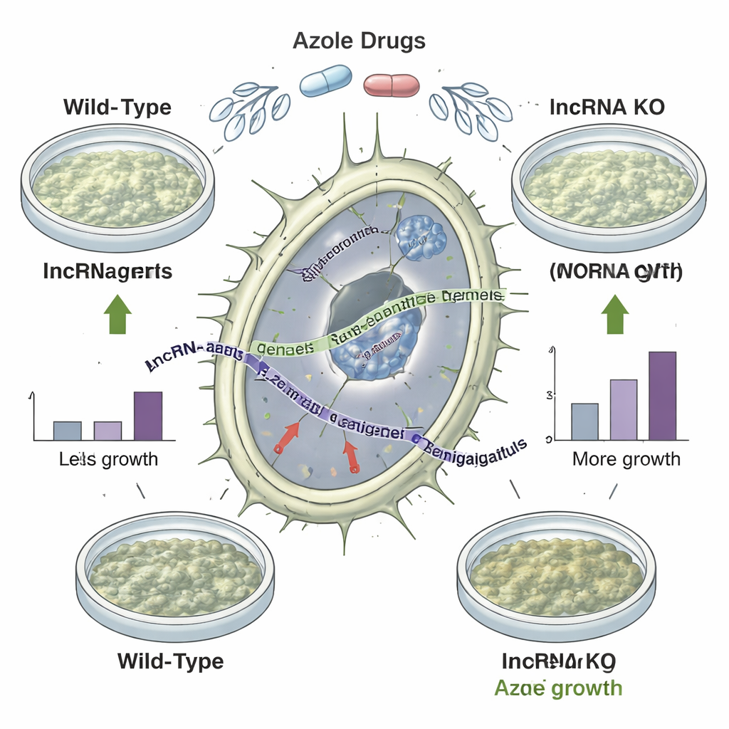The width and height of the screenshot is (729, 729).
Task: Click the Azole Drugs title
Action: click(359, 41)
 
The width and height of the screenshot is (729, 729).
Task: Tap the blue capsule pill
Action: click(326, 82)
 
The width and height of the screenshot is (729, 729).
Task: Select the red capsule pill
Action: click(392, 85)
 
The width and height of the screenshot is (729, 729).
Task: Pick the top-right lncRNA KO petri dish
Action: click(609, 184)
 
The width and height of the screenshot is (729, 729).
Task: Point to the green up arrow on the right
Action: click(614, 315)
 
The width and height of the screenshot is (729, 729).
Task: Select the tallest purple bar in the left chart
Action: click(148, 416)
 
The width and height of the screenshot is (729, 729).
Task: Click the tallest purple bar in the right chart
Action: click(662, 396)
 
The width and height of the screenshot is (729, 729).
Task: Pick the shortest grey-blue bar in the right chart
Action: click(584, 421)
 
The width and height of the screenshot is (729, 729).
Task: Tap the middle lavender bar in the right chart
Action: click(624, 409)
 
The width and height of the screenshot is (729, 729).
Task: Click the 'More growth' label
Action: click(626, 459)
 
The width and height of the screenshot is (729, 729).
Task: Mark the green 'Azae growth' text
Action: click(558, 688)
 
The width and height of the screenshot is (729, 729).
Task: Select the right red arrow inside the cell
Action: click(350, 456)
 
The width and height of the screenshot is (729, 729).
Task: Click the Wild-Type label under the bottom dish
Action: click(170, 661)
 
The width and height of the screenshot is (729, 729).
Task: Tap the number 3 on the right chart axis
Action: click(549, 394)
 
